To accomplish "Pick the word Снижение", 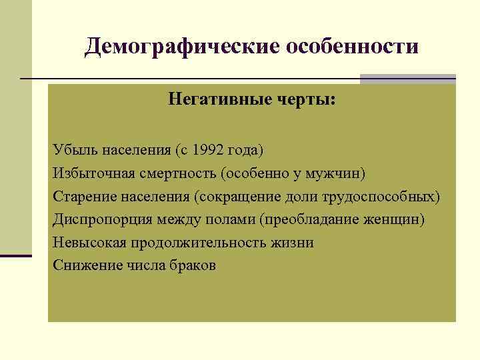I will [83, 266].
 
